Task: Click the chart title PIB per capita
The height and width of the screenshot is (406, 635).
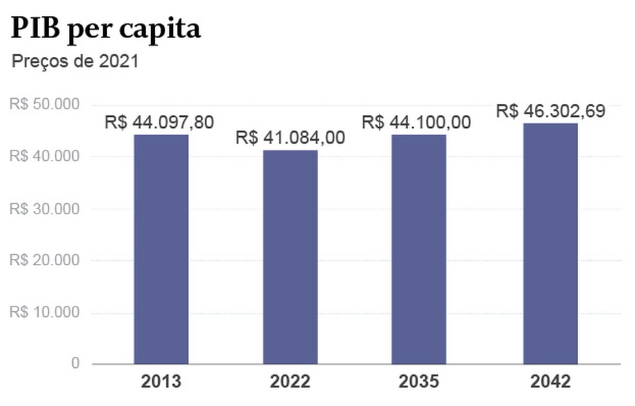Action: point(106,29)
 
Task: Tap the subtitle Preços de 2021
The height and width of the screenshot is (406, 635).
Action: point(76,63)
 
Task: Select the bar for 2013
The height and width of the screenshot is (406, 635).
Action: point(161,249)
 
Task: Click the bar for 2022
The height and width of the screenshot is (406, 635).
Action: point(290,256)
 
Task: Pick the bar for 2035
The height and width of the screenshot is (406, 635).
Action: point(418,249)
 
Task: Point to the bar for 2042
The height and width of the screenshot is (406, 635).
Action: point(550,243)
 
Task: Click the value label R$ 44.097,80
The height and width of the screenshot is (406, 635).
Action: point(159,122)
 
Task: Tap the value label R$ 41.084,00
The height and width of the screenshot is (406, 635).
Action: point(290,137)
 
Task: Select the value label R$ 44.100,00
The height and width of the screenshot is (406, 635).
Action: point(416,122)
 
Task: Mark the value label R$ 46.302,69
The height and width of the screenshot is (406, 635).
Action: point(550,110)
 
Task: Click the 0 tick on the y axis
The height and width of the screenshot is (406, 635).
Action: point(76,364)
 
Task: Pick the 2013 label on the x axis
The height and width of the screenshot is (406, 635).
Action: point(161,381)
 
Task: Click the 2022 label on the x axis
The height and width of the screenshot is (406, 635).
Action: point(290,381)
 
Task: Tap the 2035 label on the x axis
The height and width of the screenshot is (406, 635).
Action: point(418,381)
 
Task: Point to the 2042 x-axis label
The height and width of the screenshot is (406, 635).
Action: point(550,381)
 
